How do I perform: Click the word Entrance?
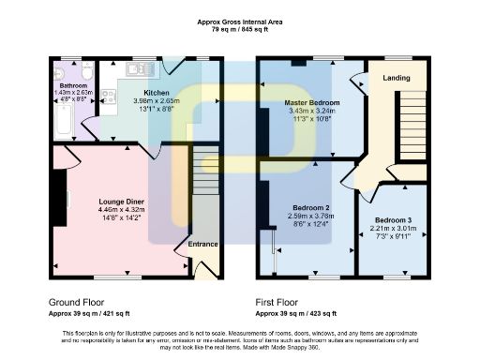[x=203, y=245]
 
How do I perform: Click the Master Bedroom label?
[x=312, y=101]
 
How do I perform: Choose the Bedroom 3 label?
[x=392, y=219]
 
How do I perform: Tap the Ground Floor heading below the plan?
[x=77, y=303]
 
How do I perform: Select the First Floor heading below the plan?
[x=280, y=303]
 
